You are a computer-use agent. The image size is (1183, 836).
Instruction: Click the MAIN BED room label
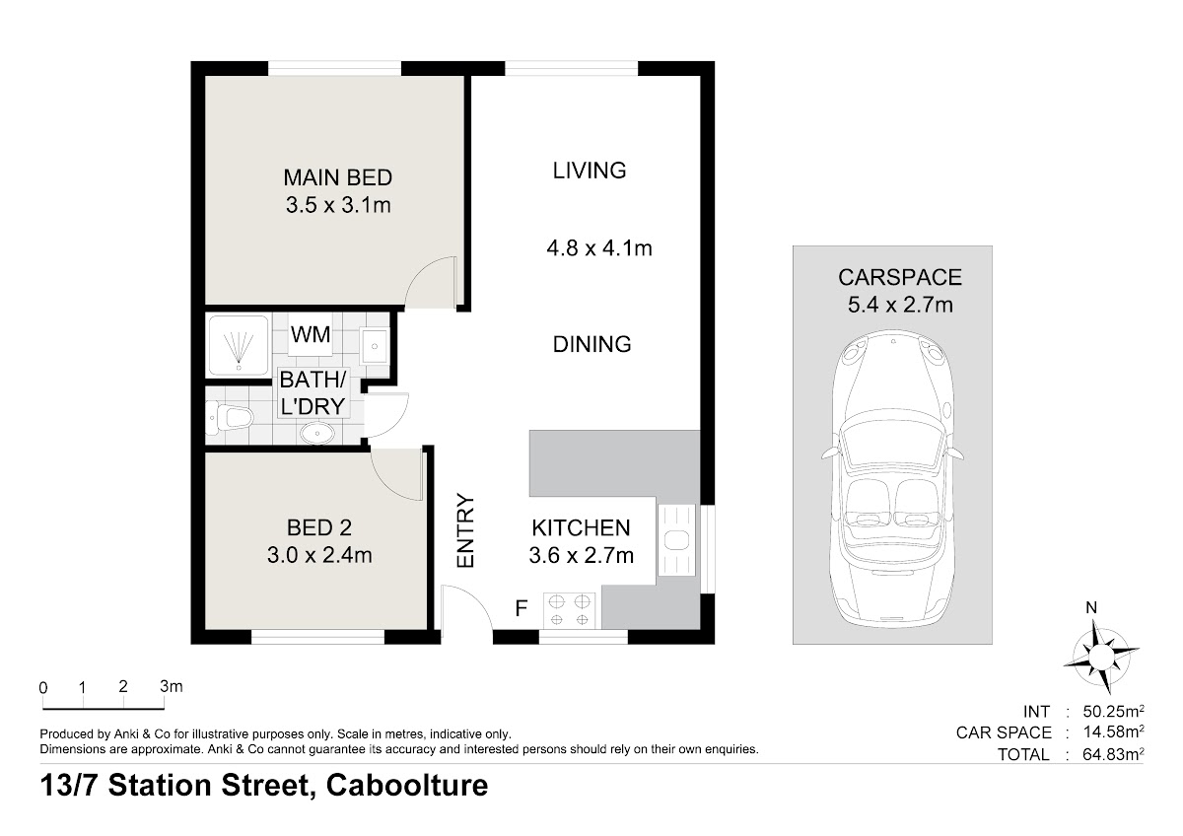point(338,177)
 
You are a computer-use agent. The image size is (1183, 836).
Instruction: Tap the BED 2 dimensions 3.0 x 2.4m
point(319,555)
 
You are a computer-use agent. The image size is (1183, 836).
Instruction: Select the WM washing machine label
point(311,334)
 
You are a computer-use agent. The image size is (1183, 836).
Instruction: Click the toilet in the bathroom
point(229,417)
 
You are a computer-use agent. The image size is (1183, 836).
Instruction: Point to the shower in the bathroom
point(239,346)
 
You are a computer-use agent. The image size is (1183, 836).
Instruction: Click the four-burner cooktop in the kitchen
point(570,610)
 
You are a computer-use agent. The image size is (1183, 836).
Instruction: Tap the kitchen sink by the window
point(676,539)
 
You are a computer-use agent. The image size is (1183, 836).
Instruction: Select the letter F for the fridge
point(522,609)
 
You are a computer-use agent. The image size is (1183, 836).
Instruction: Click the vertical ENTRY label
point(465,530)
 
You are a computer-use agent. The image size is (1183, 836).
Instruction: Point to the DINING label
point(592,344)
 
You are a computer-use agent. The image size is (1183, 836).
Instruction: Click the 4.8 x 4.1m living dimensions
point(599,247)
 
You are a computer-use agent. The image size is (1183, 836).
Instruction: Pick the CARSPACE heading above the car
point(900,277)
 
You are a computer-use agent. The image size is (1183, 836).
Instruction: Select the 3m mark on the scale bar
point(172,686)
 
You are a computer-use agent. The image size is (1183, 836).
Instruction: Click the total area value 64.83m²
point(1113,753)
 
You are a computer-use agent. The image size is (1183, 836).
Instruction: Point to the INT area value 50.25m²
point(1113,711)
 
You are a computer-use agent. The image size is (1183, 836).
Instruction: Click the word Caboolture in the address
point(407,785)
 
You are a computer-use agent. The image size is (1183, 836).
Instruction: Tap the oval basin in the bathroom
point(317,434)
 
